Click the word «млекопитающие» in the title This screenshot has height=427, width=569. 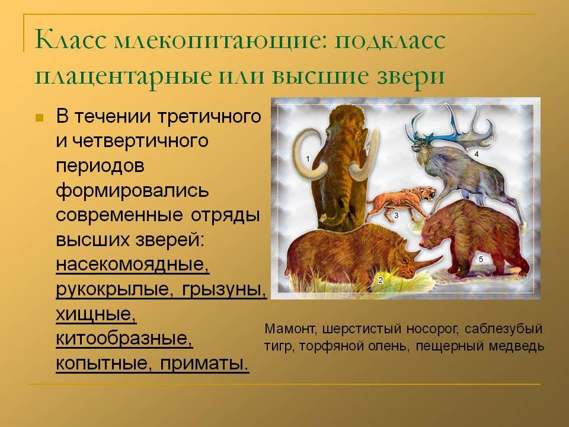[x=216, y=40]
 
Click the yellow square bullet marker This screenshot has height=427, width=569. [x=40, y=117]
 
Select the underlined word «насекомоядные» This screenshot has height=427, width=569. [x=132, y=265]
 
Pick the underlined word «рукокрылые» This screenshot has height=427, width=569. [x=113, y=289]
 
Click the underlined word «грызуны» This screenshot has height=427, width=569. [x=224, y=289]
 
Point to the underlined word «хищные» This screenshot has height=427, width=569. [x=96, y=314]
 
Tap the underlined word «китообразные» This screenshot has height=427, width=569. [x=124, y=339]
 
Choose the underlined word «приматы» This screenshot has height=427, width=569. [x=204, y=363]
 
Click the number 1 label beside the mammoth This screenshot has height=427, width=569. [x=308, y=159]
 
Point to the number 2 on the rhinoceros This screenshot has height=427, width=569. [x=381, y=280]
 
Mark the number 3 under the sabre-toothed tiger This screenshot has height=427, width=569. [x=397, y=216]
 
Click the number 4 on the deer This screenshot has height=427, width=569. [x=477, y=154]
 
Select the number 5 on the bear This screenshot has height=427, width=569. [x=481, y=259]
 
